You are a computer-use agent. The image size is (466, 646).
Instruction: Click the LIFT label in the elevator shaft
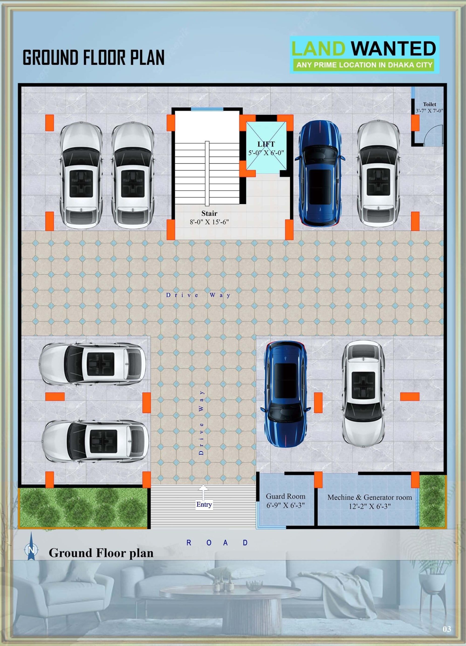[266, 144]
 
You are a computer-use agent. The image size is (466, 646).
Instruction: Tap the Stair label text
[209, 213]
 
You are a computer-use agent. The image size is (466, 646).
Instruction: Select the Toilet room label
[429, 104]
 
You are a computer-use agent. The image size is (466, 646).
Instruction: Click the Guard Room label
[285, 496]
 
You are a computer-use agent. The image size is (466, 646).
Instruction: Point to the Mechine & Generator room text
[369, 497]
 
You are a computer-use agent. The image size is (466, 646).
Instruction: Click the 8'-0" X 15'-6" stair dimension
[209, 222]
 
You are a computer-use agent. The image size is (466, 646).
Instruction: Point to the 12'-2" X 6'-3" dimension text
[369, 506]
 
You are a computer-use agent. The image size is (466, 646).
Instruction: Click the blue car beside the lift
[320, 173]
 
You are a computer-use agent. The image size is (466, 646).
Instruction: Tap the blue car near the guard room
[285, 394]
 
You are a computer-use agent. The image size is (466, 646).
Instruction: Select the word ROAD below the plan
[217, 543]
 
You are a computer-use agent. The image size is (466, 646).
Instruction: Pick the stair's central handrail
[207, 173]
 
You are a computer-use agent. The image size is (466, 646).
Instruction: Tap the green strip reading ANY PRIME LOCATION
[364, 65]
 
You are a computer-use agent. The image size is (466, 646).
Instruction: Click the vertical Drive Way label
[201, 422]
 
